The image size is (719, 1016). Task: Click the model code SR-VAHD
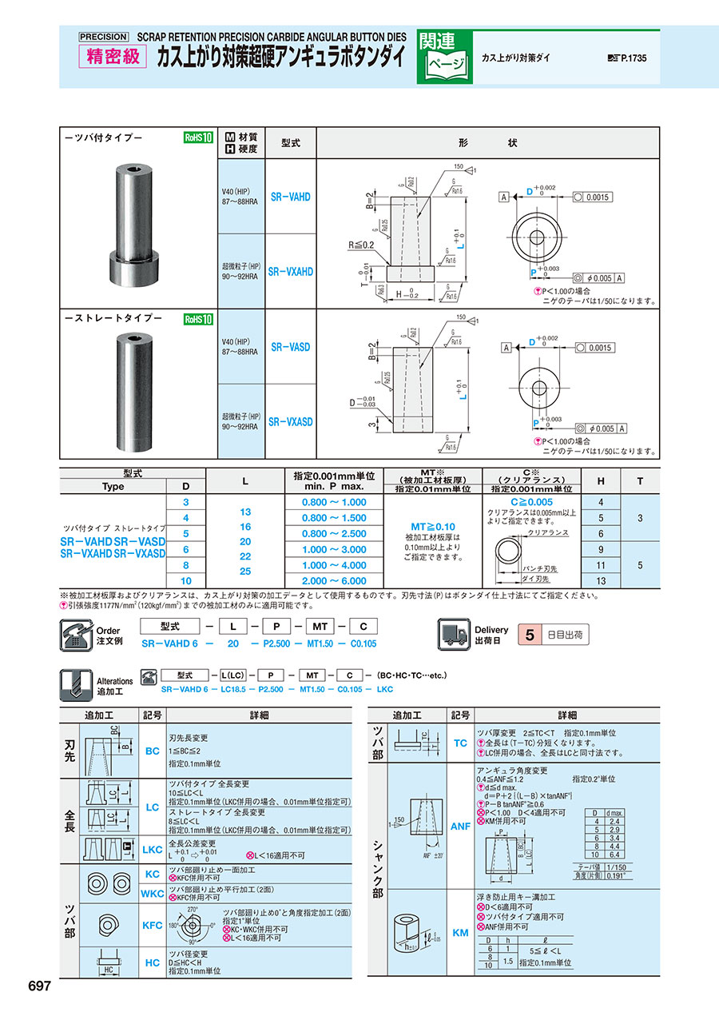coord(290,197)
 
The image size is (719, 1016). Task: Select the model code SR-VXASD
coord(290,421)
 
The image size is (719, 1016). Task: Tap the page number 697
coord(40,986)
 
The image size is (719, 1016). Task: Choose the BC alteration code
coord(152,751)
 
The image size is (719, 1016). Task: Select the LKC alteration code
coord(152,848)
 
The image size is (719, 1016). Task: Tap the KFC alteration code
coord(152,925)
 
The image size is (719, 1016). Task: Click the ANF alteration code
coord(461,827)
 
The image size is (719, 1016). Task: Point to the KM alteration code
coord(461,933)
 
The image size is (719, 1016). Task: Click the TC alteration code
coord(461,743)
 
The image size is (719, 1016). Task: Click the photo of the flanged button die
coord(136,218)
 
